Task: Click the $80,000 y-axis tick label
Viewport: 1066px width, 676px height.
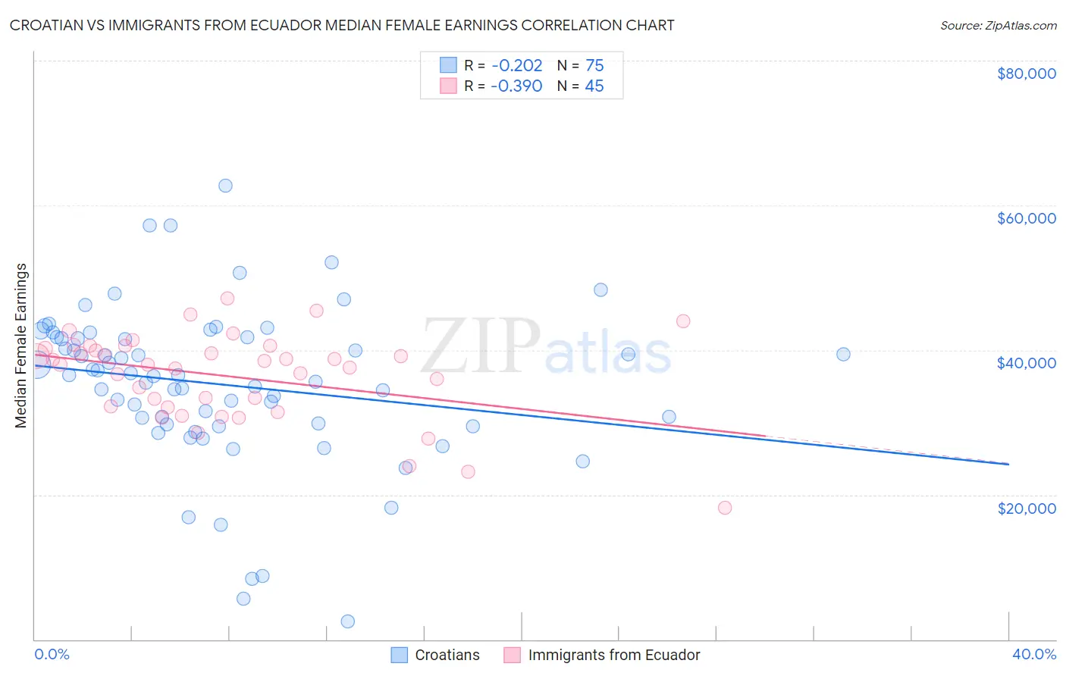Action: pyautogui.click(x=1026, y=74)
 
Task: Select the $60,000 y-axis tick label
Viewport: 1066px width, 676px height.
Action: pyautogui.click(x=1026, y=218)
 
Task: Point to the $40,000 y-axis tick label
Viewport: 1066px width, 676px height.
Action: pyautogui.click(x=1026, y=363)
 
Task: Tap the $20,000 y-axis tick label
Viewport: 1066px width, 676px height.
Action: pyautogui.click(x=1026, y=508)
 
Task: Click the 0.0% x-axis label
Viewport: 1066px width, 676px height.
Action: pyautogui.click(x=52, y=654)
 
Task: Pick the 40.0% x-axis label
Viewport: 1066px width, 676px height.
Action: pyautogui.click(x=1033, y=654)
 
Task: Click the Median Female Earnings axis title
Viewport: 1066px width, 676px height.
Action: pyautogui.click(x=21, y=346)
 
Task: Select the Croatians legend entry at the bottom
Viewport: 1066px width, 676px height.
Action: pyautogui.click(x=447, y=655)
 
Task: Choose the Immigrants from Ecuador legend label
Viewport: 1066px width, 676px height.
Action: pyautogui.click(x=613, y=655)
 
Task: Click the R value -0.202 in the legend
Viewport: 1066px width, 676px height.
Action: pyautogui.click(x=516, y=66)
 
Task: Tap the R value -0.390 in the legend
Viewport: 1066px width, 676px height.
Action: pyautogui.click(x=516, y=86)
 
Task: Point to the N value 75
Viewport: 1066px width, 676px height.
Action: pyautogui.click(x=594, y=66)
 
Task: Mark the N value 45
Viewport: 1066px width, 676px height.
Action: pyautogui.click(x=594, y=86)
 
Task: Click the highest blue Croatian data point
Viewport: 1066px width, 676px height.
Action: pyautogui.click(x=225, y=186)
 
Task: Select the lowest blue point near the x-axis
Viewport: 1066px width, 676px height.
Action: pyautogui.click(x=348, y=621)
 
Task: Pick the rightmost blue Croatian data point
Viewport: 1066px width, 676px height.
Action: pyautogui.click(x=843, y=354)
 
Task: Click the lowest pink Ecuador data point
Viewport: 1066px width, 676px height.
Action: pyautogui.click(x=725, y=508)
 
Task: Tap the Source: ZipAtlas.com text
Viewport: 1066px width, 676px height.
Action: pyautogui.click(x=998, y=26)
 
